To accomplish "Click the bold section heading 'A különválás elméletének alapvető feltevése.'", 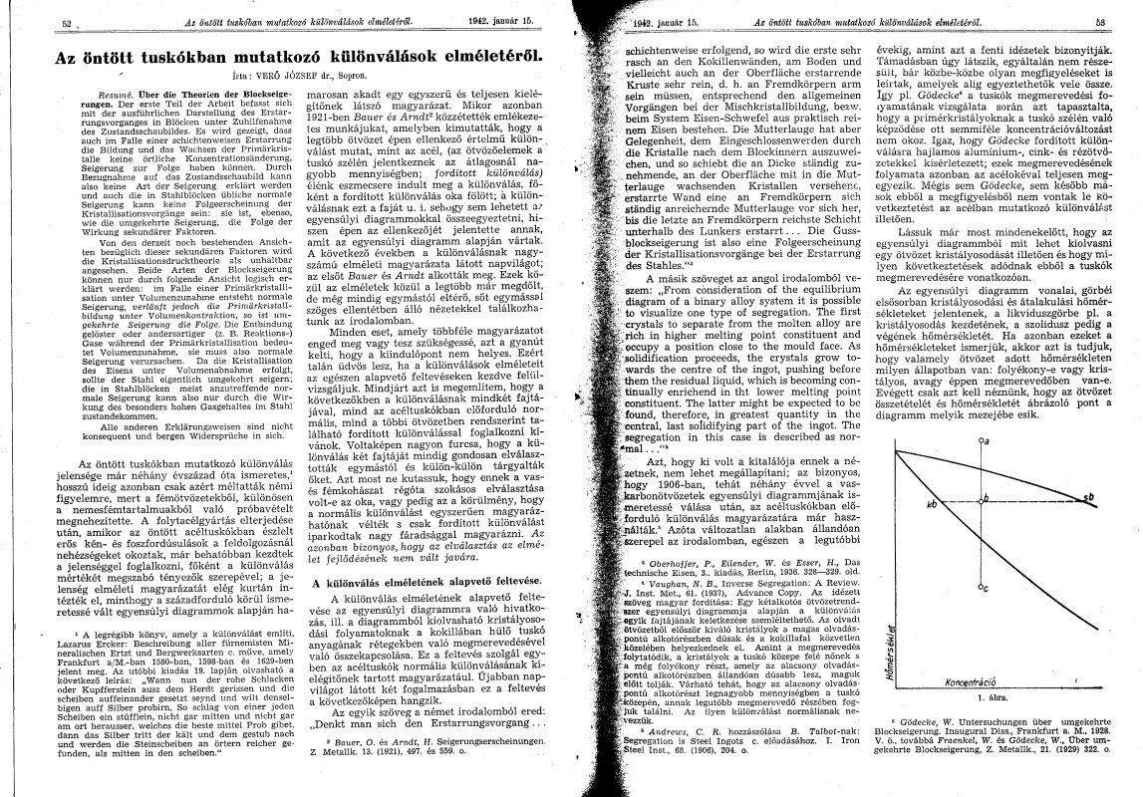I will point(415,581).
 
